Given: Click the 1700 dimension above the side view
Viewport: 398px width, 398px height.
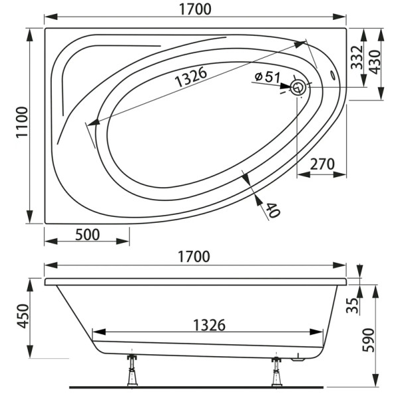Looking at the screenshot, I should coord(195,256).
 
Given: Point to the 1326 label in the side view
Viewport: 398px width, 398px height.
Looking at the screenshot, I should coord(209,325).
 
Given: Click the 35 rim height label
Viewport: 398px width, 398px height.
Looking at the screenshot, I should coord(354,305).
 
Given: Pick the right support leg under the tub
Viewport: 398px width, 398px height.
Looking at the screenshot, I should coord(275,371).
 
